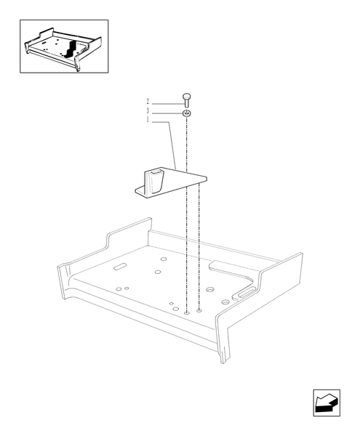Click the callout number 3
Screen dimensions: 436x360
(x=148, y=110)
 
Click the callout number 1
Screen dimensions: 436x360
(x=148, y=120)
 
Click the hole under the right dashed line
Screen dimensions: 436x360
(x=199, y=311)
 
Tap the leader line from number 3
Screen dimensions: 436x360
(x=166, y=112)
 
